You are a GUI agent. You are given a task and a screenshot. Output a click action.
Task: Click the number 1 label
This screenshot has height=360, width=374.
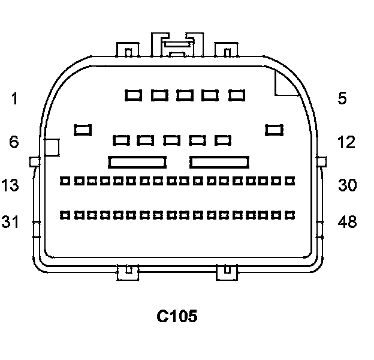(x=14, y=98)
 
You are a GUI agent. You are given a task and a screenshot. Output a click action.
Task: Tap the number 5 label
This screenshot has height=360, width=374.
(x=342, y=98)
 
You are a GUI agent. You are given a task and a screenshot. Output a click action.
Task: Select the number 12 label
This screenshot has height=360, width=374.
(x=345, y=142)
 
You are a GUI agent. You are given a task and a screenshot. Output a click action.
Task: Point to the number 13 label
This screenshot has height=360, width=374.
(x=10, y=185)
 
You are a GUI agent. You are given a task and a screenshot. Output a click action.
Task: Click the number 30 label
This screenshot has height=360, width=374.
(x=347, y=185)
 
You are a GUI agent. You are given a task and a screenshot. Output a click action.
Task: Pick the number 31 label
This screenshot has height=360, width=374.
(x=10, y=222)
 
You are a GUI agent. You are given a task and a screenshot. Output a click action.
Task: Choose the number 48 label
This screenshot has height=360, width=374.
(x=347, y=222)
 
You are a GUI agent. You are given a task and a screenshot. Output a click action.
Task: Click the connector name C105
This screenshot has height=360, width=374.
(x=177, y=316)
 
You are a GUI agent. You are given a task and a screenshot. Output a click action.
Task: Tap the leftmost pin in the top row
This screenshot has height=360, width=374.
(x=133, y=95)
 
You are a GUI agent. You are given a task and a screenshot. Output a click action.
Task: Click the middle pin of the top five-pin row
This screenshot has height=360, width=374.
(x=185, y=95)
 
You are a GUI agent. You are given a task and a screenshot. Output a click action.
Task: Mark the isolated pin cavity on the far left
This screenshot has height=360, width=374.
(x=83, y=129)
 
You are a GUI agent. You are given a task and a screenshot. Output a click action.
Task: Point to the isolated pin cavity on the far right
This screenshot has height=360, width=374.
(x=275, y=129)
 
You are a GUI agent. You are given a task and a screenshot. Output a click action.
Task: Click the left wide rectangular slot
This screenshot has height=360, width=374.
(x=137, y=161)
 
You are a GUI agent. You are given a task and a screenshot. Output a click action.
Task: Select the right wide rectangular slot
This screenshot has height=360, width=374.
(x=219, y=161)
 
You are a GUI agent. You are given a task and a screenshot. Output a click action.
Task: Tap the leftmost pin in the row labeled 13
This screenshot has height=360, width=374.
(x=65, y=180)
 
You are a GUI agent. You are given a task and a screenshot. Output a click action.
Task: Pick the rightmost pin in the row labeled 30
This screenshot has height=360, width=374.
(x=291, y=180)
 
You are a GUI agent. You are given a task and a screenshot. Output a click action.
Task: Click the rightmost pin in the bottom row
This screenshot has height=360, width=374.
(x=291, y=214)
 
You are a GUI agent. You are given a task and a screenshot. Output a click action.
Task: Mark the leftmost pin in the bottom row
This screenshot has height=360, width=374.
(x=65, y=214)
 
